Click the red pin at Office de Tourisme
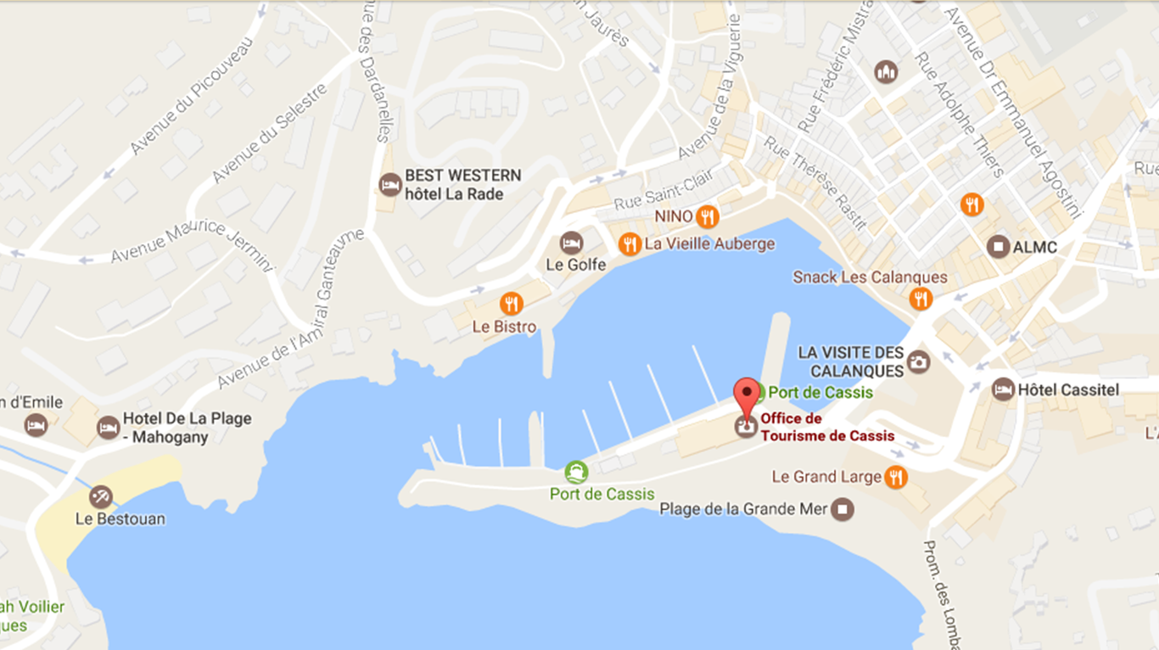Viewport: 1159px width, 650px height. (x=746, y=395)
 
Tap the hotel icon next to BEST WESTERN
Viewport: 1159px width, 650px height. (x=389, y=184)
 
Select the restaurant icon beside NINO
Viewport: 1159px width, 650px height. (x=707, y=217)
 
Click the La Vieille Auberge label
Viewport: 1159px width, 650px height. (x=709, y=244)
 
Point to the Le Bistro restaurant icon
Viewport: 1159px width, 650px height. (x=511, y=304)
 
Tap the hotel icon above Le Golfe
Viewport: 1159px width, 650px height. (x=572, y=243)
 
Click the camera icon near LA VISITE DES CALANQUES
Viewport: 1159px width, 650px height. (x=918, y=362)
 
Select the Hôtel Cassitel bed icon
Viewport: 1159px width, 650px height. (x=1003, y=390)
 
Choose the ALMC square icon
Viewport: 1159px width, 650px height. (x=999, y=247)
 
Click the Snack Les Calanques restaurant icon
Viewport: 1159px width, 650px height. (x=920, y=299)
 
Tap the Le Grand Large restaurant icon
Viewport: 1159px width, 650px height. (x=895, y=477)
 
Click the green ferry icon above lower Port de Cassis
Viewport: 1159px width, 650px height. (x=576, y=473)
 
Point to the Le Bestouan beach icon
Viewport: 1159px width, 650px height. (x=101, y=497)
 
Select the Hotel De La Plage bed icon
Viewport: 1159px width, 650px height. (x=108, y=428)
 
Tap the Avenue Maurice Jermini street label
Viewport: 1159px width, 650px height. (x=193, y=244)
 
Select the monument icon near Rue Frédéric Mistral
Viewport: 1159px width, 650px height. (x=886, y=72)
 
